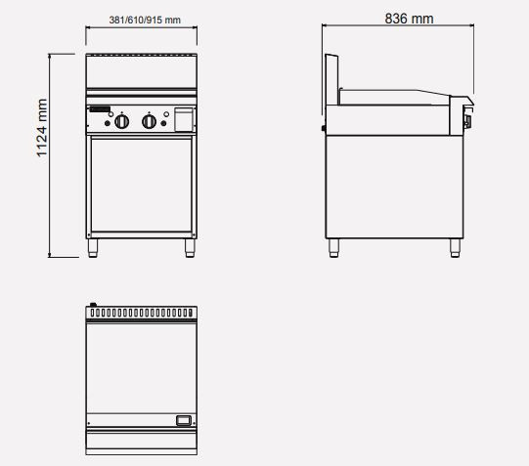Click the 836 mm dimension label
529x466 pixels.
click(409, 19)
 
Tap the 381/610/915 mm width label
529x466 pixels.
click(145, 21)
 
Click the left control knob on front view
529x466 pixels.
click(121, 121)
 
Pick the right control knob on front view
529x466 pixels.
click(150, 121)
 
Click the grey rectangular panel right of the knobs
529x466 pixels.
click(182, 119)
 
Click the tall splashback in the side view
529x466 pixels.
click(331, 73)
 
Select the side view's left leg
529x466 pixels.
click(334, 247)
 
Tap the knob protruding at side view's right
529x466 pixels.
click(466, 120)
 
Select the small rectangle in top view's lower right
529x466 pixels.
click(182, 420)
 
